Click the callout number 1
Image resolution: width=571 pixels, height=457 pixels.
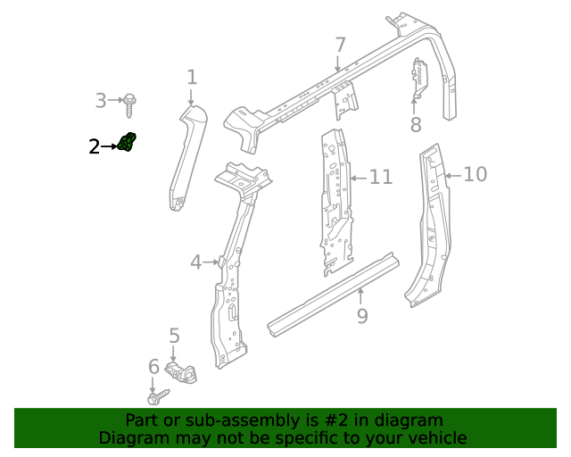coord(192,78)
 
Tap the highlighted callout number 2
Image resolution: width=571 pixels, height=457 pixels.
coord(95,147)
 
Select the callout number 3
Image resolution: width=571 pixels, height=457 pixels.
coord(101,101)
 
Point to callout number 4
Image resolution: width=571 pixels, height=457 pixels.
coord(196,262)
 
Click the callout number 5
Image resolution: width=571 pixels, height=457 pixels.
coord(174,336)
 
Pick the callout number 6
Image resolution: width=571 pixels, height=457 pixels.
coord(153,367)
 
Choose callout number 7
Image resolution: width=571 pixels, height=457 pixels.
coord(339,45)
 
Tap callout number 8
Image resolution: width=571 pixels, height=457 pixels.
coord(416,125)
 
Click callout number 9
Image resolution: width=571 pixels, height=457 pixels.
coord(361,315)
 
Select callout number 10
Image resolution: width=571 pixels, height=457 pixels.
coord(476,174)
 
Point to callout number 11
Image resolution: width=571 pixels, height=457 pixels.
coord(381,178)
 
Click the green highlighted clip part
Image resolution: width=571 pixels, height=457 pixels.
coord(128,143)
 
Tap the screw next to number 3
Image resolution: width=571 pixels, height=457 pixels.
coord(131,103)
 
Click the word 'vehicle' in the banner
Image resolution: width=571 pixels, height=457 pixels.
coord(434,438)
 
